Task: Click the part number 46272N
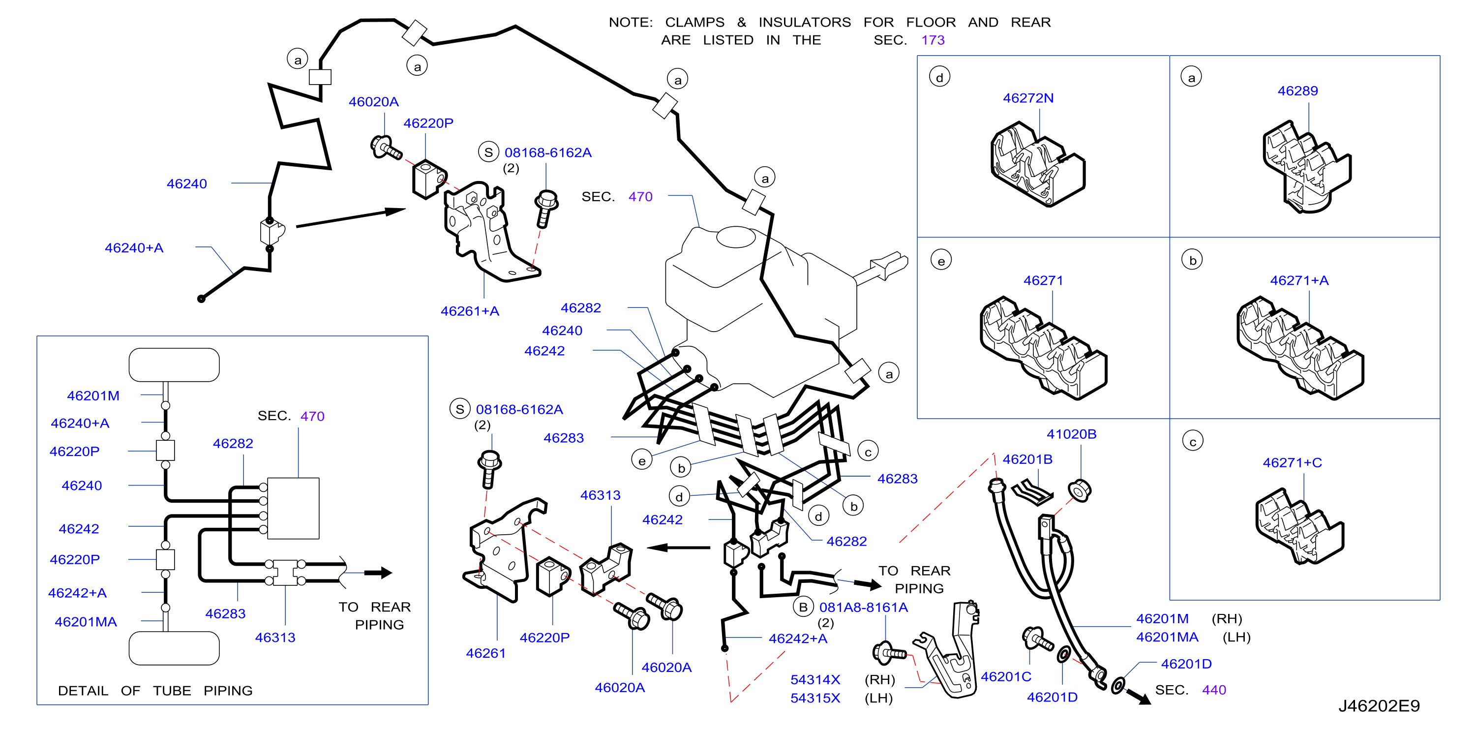[x=1027, y=98]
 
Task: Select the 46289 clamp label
[x=1297, y=91]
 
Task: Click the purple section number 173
[x=933, y=40]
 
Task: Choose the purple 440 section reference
[x=1213, y=690]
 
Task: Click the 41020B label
[x=1071, y=434]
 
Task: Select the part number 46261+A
[x=470, y=311]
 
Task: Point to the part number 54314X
[x=815, y=679]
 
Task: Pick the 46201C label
[x=1006, y=677]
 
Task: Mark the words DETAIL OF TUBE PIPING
[x=155, y=691]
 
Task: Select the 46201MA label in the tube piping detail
[x=86, y=622]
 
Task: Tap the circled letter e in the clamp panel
[x=941, y=260]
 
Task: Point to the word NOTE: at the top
[x=630, y=22]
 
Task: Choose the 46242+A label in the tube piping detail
[x=77, y=592]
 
